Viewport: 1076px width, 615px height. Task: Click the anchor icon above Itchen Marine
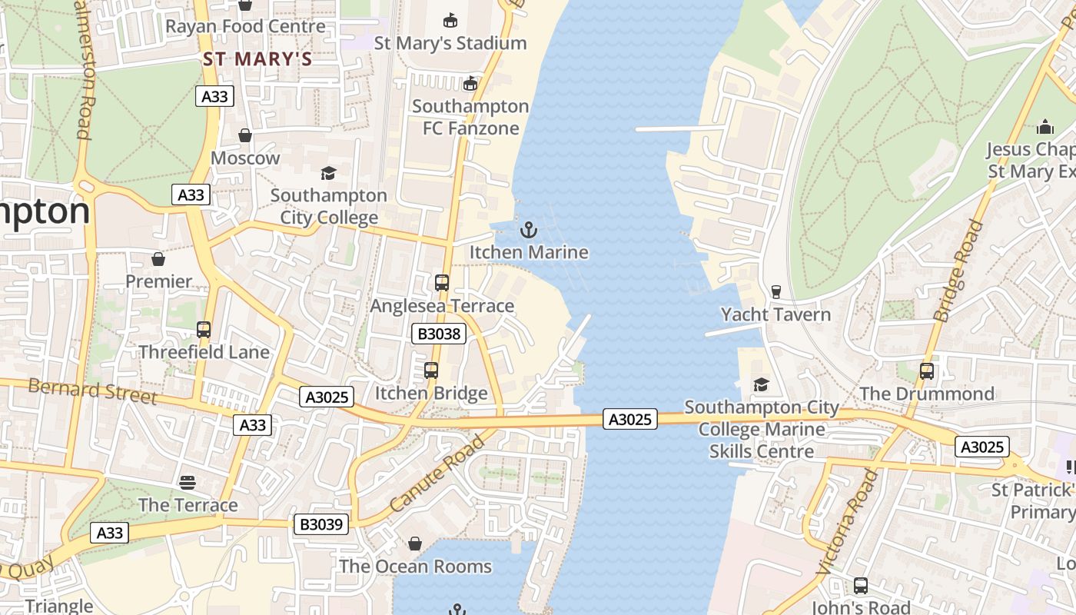click(528, 229)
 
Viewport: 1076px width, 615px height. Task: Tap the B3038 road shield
click(439, 334)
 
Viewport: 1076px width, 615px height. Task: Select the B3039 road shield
click(321, 524)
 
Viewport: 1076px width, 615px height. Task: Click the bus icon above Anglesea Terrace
click(441, 282)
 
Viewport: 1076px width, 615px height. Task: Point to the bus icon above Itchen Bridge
click(431, 371)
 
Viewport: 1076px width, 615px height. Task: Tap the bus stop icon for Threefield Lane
click(204, 330)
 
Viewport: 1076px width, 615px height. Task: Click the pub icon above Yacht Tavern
click(775, 291)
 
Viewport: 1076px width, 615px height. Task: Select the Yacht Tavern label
click(775, 314)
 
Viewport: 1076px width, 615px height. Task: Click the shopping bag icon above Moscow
click(245, 135)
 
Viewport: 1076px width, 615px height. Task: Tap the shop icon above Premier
click(158, 259)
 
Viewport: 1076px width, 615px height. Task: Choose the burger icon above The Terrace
click(188, 482)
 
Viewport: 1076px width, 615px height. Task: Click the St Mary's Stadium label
click(450, 43)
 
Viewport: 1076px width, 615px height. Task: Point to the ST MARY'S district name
click(257, 59)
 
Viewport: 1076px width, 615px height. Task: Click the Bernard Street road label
click(92, 391)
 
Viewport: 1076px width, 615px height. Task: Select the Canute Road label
click(437, 474)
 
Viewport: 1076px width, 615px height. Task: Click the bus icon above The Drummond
click(927, 371)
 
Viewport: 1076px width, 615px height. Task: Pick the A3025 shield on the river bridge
click(630, 419)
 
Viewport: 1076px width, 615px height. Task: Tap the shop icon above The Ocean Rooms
click(415, 544)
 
